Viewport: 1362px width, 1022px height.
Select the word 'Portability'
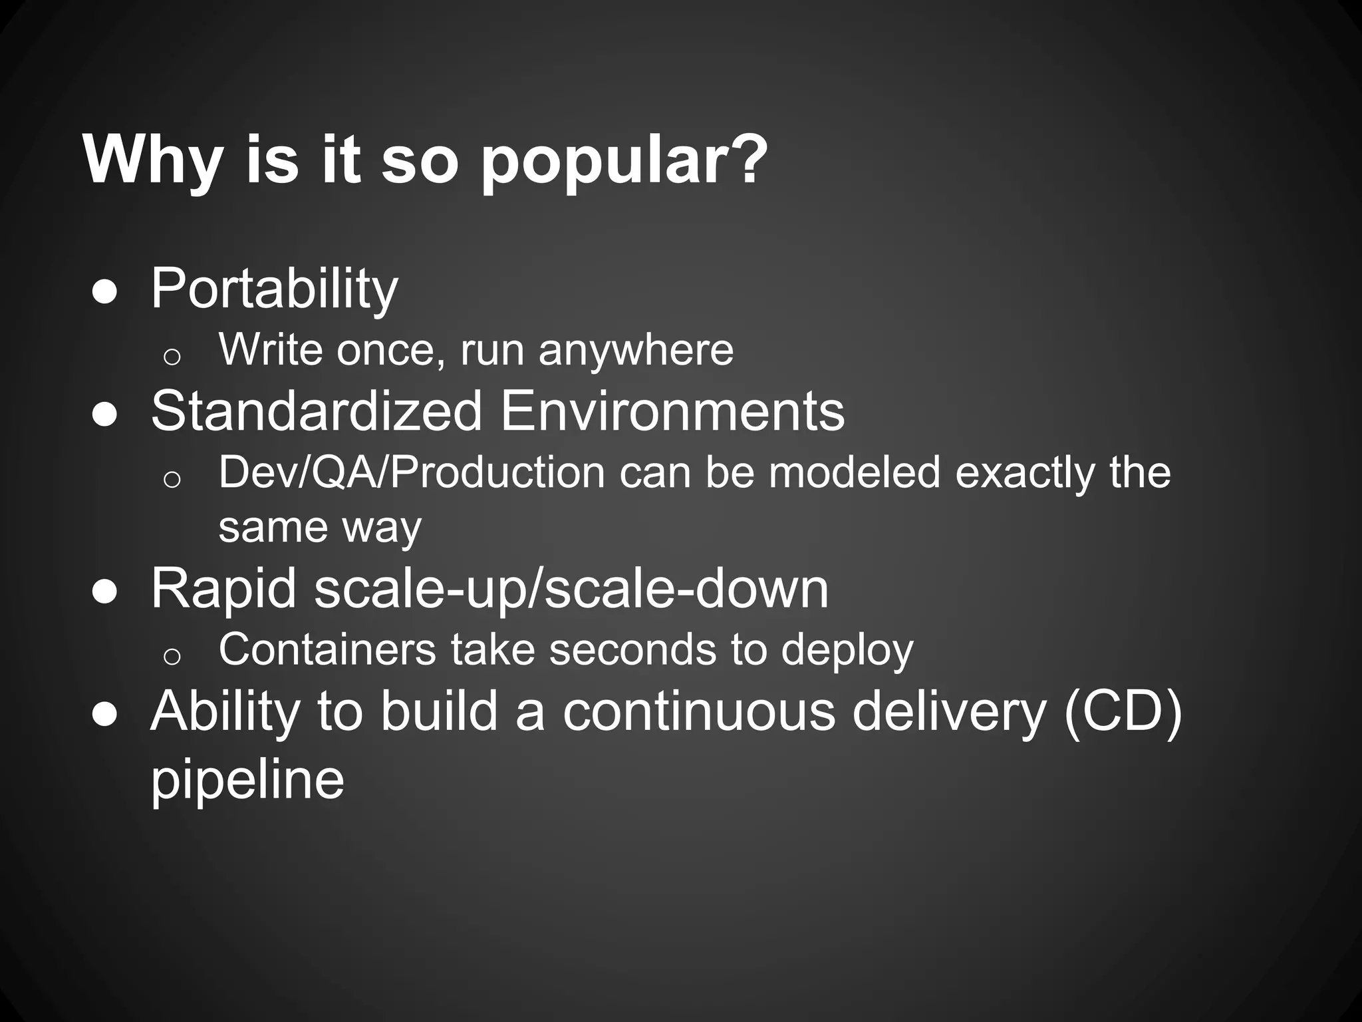274,289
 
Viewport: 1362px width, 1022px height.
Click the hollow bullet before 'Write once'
172,357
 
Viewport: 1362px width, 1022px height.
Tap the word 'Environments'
672,411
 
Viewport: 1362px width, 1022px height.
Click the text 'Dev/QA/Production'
412,472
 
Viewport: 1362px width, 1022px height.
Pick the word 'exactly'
1025,472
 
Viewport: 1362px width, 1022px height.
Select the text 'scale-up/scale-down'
571,589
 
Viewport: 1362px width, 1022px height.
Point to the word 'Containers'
327,649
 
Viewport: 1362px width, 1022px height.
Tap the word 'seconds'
632,649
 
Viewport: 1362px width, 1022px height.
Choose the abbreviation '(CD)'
1123,711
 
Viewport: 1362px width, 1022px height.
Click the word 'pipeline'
247,779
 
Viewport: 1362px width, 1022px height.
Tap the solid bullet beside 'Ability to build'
105,713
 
